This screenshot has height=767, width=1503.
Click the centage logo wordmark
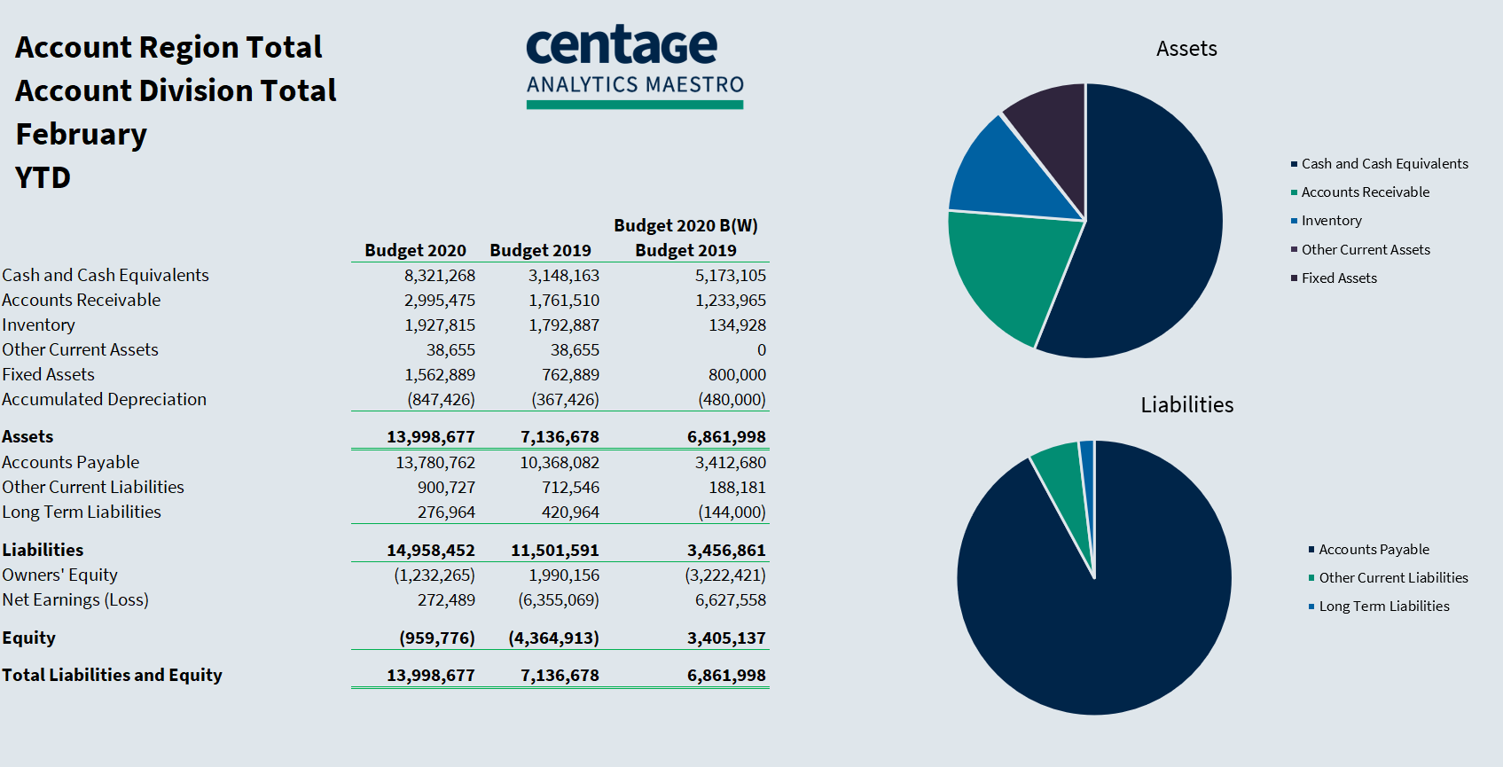(x=622, y=46)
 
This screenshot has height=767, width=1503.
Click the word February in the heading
(x=82, y=135)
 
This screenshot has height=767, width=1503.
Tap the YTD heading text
(x=43, y=178)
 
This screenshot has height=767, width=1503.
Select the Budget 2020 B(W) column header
(x=685, y=225)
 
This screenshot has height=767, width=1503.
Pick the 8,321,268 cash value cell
(x=440, y=276)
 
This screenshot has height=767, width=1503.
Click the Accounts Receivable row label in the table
(x=82, y=301)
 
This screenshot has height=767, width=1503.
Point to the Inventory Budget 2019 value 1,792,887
(x=564, y=325)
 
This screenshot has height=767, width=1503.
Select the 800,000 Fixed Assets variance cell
(x=737, y=375)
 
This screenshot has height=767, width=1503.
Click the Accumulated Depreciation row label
(x=104, y=400)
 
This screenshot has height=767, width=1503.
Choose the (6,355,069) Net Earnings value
(x=559, y=600)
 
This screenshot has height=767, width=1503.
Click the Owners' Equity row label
(x=59, y=575)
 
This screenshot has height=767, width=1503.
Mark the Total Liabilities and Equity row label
(x=112, y=676)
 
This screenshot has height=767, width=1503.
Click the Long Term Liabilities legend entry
(x=1383, y=607)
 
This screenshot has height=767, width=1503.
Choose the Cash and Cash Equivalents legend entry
(x=1384, y=164)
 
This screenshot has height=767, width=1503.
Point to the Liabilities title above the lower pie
(x=1186, y=405)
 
